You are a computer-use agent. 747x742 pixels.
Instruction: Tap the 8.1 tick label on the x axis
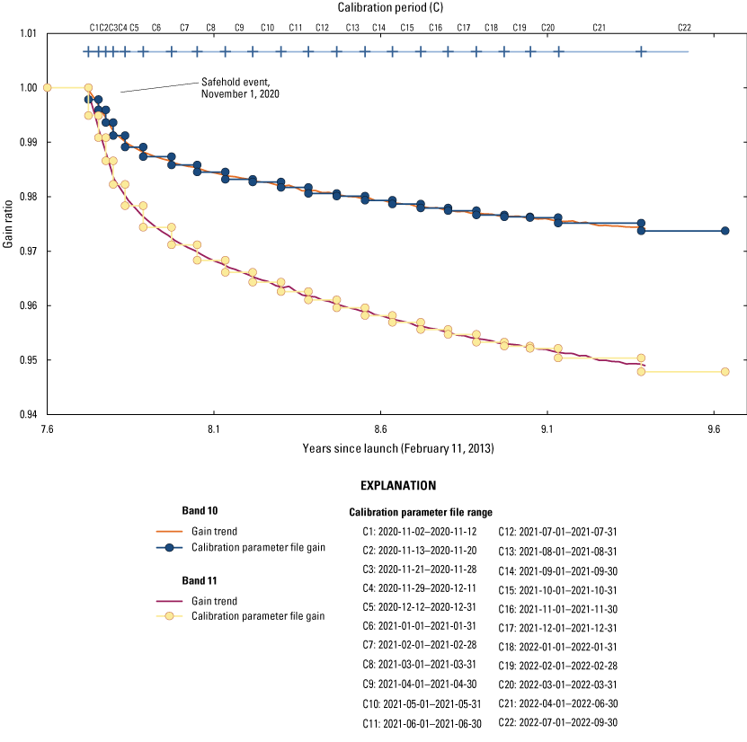click(x=213, y=429)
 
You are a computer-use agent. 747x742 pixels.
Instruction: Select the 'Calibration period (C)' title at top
click(x=397, y=8)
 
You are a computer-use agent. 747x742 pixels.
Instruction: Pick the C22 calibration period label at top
click(x=685, y=28)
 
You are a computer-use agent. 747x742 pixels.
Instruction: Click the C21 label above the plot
click(x=599, y=28)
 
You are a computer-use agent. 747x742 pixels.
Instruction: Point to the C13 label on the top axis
click(x=352, y=28)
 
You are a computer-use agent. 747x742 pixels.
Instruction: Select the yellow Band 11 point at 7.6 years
click(x=48, y=87)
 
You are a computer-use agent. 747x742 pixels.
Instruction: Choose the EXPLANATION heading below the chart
click(x=397, y=485)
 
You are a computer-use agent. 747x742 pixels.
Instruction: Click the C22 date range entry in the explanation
click(x=561, y=722)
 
